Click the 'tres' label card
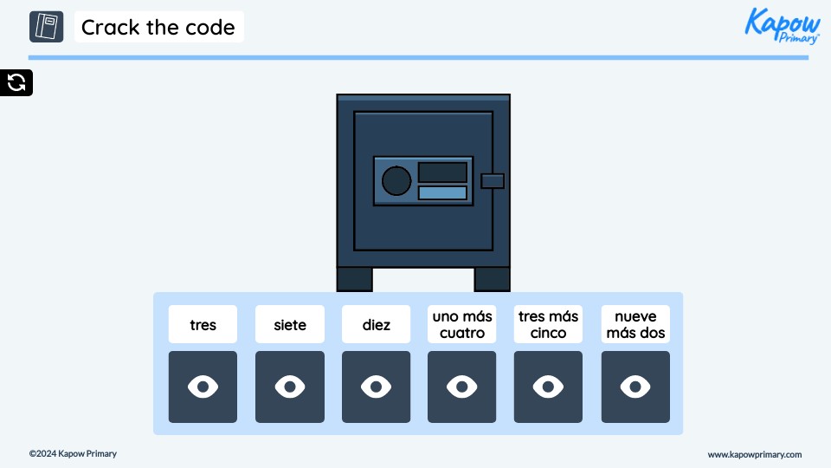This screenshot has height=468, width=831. pos(203,324)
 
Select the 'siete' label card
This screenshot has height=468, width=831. pos(289,324)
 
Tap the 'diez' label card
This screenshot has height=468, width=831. pos(376,324)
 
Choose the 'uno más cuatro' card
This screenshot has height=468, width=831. pos(462,324)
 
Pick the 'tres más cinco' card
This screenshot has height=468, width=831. pos(549,324)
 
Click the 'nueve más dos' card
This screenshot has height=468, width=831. pos(635,324)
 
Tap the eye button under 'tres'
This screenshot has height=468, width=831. pos(203,387)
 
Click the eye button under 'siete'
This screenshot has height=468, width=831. pos(289,387)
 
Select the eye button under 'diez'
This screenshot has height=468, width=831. pos(376,387)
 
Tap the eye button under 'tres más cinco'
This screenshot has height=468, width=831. pos(549,387)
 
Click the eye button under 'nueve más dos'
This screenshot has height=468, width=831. pos(635,387)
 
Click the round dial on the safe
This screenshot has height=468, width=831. pos(396,180)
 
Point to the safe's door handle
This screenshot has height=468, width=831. pos(493,180)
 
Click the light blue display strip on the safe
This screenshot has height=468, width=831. pos(442,192)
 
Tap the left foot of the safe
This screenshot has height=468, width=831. pos(354,279)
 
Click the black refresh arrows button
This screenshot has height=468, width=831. pos(16,82)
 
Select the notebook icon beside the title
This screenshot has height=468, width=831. pos(47,27)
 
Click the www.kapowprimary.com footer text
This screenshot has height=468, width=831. pos(754,454)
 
